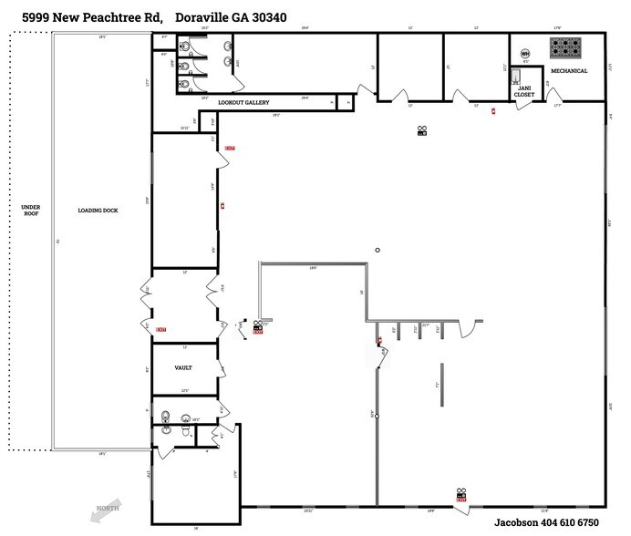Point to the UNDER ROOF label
[x=30, y=211]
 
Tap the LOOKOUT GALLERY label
[x=245, y=103]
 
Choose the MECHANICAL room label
[x=569, y=70]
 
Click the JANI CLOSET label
[x=524, y=90]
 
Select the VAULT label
[x=184, y=367]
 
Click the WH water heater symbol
[x=525, y=54]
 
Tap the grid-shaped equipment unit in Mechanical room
[x=565, y=45]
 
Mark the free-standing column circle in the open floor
[x=377, y=250]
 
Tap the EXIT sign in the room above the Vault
[x=160, y=328]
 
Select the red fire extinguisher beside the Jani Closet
[x=493, y=111]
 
